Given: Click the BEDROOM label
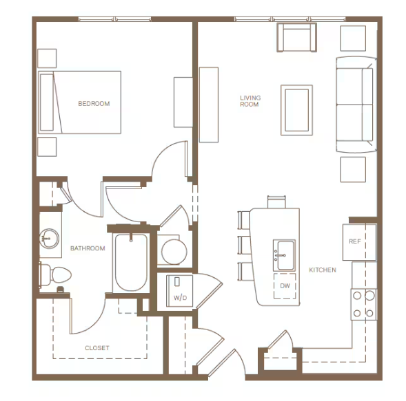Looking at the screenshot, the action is (x=94, y=104).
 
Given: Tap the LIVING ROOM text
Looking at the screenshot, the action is (x=250, y=101).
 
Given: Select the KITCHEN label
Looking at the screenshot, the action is (x=323, y=270).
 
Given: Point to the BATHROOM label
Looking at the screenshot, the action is (x=88, y=248).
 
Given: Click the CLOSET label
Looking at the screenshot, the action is (x=97, y=348).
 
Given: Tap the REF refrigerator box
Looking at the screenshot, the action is (x=359, y=242).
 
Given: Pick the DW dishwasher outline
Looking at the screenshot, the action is (x=285, y=285).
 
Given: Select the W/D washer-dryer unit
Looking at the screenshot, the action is (x=180, y=291).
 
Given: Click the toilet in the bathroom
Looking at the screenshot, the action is (x=55, y=275).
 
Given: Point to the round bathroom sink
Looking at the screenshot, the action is (x=49, y=239).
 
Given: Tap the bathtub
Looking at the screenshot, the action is (x=131, y=263).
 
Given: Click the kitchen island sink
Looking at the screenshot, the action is (x=284, y=255).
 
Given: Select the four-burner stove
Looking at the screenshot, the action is (x=364, y=305).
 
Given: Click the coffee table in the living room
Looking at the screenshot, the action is (x=296, y=110).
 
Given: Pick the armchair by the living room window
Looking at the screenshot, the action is (x=296, y=37).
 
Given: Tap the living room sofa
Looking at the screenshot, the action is (x=356, y=105).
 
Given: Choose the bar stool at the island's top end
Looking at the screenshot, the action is (x=276, y=202).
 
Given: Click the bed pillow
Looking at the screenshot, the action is (x=47, y=102).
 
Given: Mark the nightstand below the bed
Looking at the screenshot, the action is (x=47, y=147).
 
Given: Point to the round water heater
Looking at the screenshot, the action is (x=174, y=252).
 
